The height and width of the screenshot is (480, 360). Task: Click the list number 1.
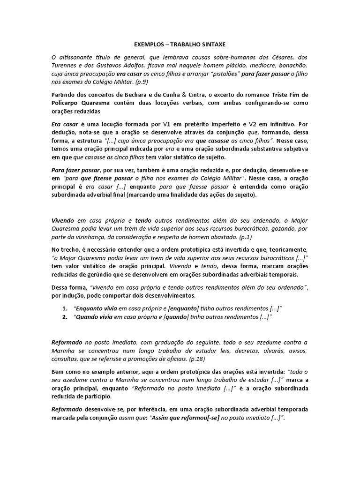click(64, 308)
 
